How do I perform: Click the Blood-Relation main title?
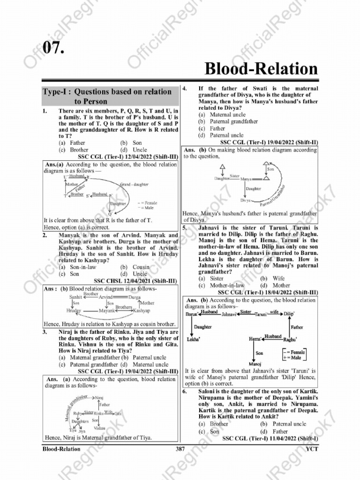pos(261,69)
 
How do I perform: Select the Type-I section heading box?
pos(111,96)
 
